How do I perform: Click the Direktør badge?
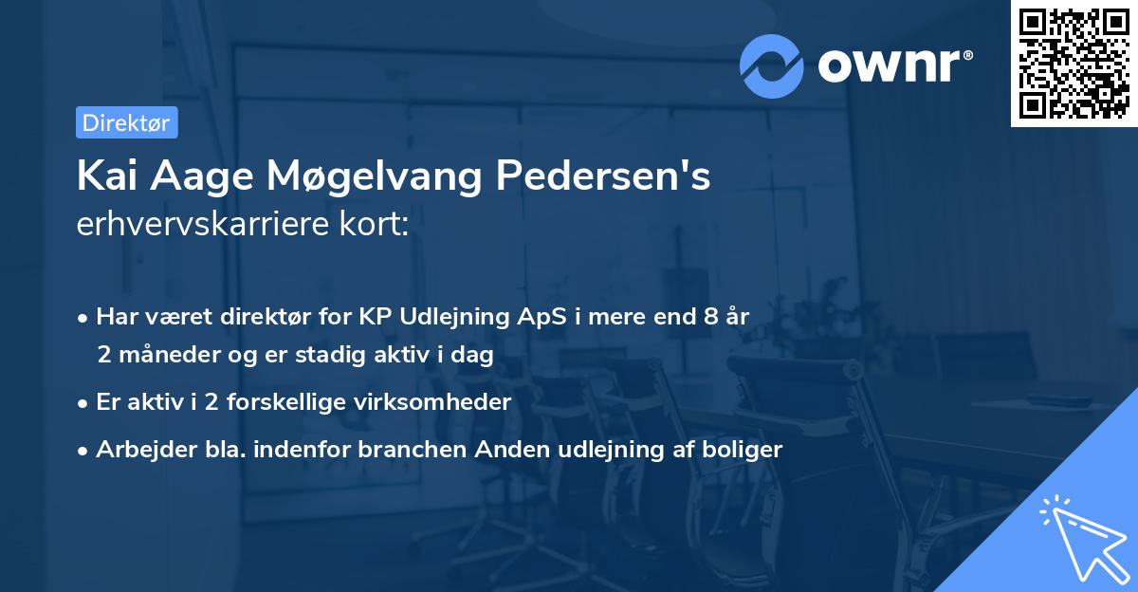tap(126, 122)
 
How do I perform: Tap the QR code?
tap(1074, 63)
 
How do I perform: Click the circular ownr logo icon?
tap(772, 65)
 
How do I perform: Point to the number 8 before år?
tap(710, 316)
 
